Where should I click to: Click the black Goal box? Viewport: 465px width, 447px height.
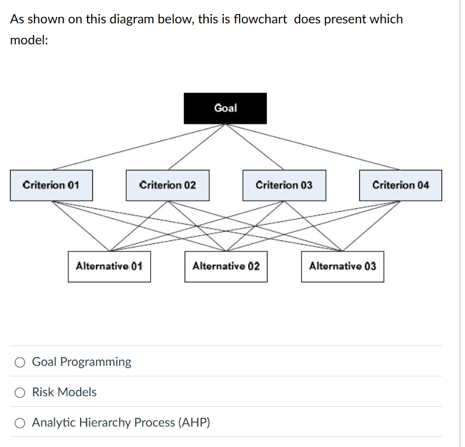[225, 109]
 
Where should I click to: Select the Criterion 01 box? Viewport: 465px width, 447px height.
[51, 186]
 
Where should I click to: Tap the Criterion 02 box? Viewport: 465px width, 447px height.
[168, 186]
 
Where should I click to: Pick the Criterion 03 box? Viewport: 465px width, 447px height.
[284, 186]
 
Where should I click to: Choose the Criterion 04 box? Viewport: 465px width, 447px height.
[401, 186]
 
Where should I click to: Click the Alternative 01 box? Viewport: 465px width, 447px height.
[109, 267]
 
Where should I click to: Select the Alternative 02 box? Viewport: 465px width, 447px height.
[226, 267]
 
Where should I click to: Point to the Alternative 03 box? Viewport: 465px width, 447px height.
[343, 267]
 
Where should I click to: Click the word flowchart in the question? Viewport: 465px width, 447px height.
[260, 19]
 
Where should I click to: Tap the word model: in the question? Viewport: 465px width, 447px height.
[29, 42]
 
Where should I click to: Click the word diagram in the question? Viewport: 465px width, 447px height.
[128, 19]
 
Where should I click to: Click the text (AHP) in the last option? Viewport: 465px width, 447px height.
[193, 422]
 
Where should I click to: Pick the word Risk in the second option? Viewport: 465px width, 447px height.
[43, 392]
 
